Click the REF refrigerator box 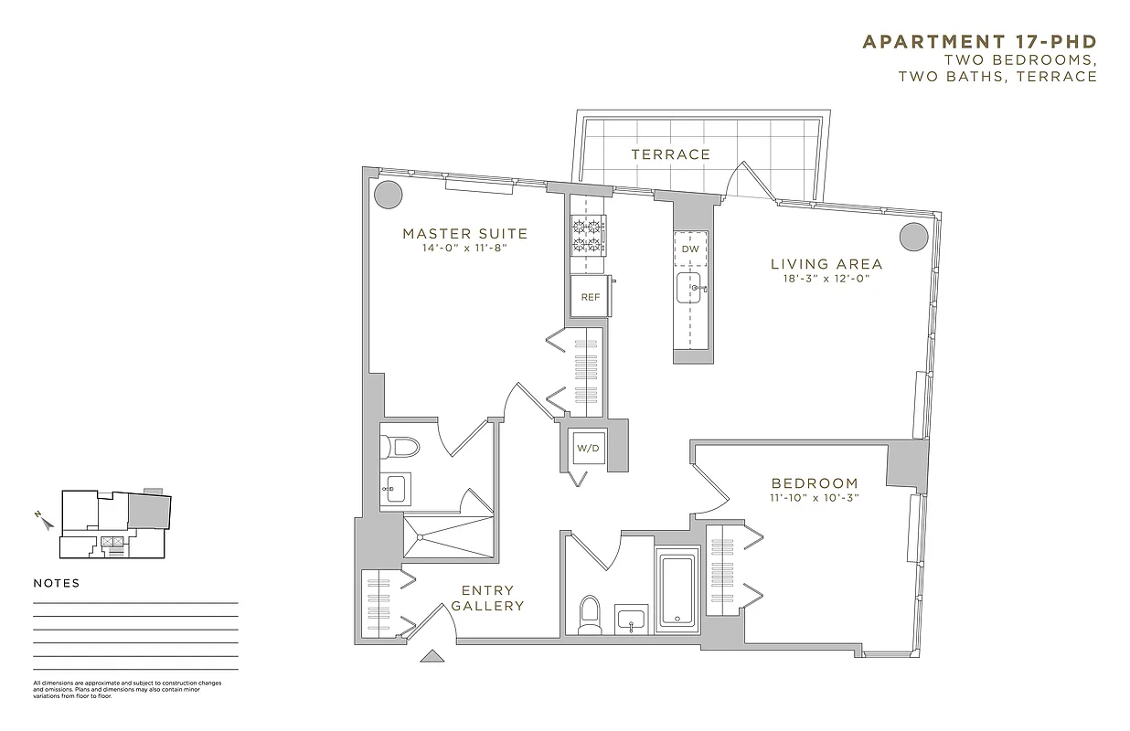pos(591,297)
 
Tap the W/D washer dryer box pos(585,449)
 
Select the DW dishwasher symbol pos(691,249)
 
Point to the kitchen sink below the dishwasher pos(691,288)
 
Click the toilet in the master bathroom pos(400,447)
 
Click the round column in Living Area pos(913,237)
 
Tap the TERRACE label pos(670,154)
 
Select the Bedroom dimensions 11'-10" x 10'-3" pos(814,498)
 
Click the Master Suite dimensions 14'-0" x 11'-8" pos(464,248)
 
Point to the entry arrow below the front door pos(432,655)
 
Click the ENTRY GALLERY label pos(487,598)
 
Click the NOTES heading pos(57,583)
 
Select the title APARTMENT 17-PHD pos(979,42)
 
